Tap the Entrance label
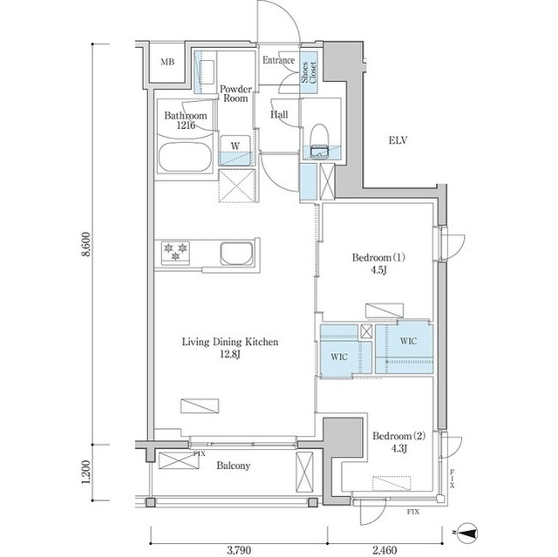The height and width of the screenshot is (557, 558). point(279,61)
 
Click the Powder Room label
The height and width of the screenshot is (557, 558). point(235,93)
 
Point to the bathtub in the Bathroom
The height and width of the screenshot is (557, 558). point(183,160)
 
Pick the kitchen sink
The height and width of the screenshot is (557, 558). point(236,255)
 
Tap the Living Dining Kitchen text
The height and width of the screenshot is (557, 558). point(230,348)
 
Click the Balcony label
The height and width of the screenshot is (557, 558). point(233,465)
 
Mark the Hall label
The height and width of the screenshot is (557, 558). point(279,115)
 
